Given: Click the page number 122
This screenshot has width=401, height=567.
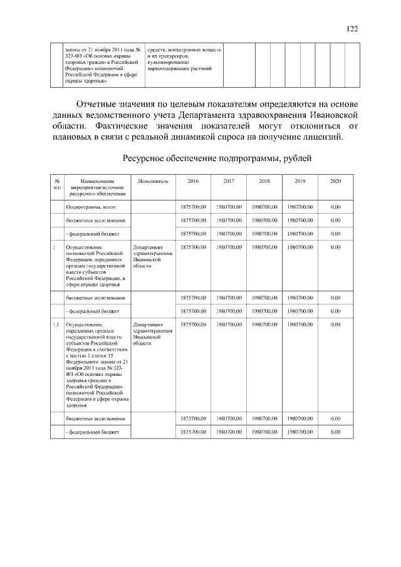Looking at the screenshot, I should [x=352, y=28].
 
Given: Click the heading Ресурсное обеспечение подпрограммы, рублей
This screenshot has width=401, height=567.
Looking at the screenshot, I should [x=217, y=159].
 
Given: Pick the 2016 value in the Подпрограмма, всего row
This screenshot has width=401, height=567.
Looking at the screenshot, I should [x=193, y=206].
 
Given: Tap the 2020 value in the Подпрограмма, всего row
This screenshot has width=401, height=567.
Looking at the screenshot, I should [x=335, y=206].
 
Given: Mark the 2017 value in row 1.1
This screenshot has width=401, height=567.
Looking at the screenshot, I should [x=229, y=325].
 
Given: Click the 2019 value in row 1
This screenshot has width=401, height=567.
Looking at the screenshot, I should [x=300, y=247].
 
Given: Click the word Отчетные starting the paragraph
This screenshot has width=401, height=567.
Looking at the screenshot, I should [x=96, y=103].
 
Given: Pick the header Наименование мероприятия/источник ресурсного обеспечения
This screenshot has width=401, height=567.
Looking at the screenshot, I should [x=93, y=187].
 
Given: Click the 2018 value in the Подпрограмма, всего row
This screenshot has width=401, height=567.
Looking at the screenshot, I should [x=264, y=206].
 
